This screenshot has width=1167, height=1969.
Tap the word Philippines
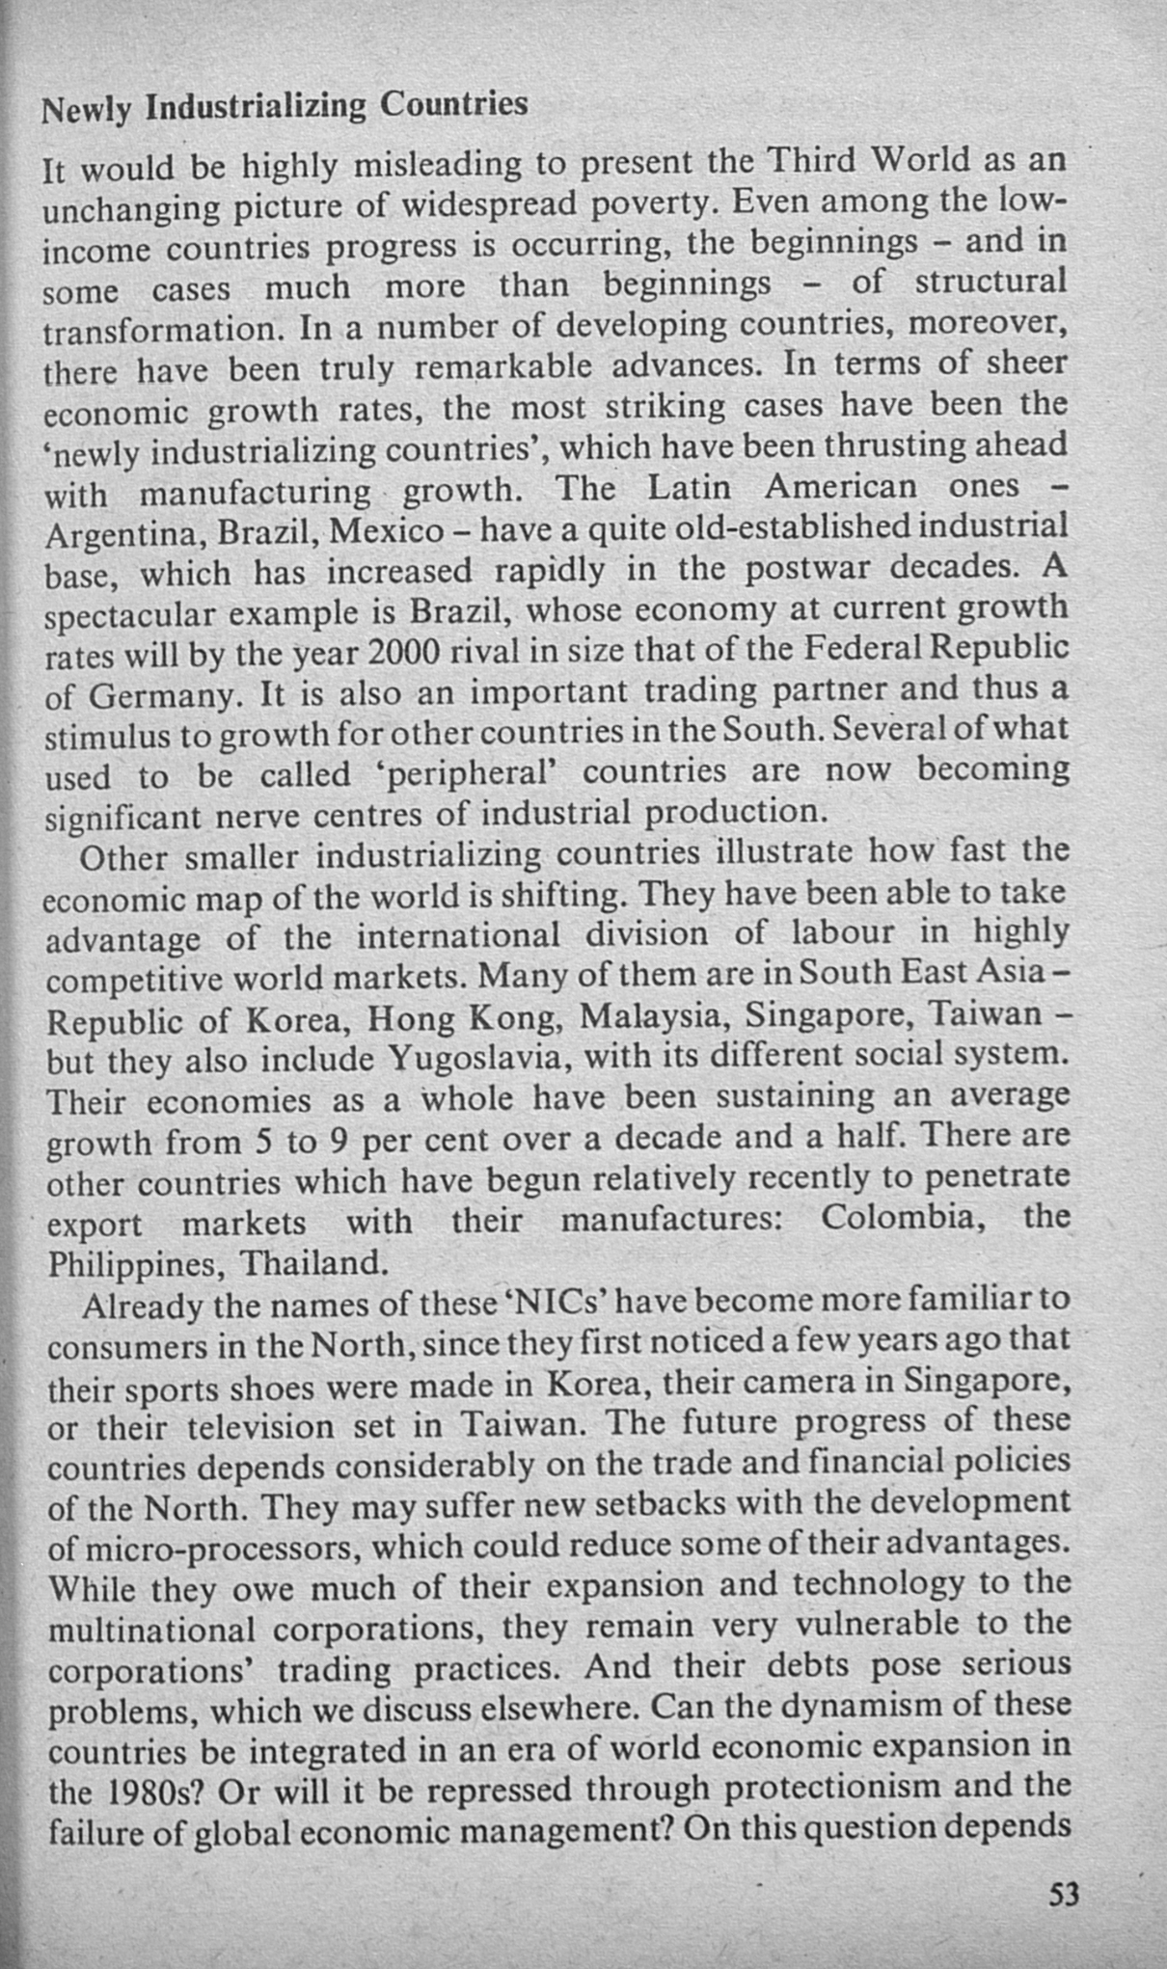pyautogui.click(x=135, y=1264)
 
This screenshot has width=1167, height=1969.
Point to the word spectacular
pyautogui.click(x=134, y=614)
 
